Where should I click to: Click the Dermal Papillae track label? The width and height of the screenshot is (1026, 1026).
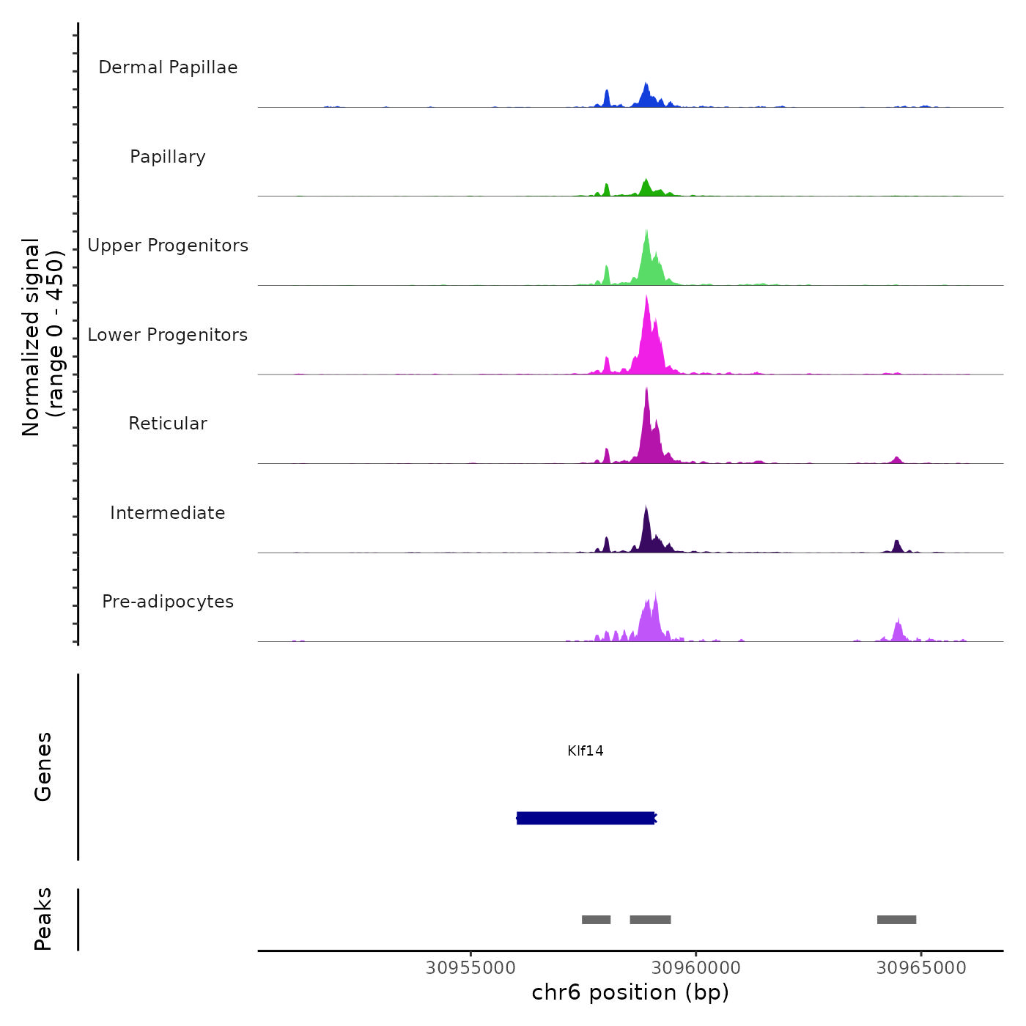(168, 67)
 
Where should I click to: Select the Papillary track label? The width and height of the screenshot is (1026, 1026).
(168, 157)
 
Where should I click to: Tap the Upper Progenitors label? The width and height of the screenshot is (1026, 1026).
(168, 246)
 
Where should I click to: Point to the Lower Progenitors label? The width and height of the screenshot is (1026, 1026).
(168, 335)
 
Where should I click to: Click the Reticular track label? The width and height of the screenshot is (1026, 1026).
(168, 424)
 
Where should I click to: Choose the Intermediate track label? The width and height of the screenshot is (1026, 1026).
(168, 513)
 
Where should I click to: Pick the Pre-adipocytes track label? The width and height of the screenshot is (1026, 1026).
(168, 602)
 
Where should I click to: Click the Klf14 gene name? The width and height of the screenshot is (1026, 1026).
(586, 751)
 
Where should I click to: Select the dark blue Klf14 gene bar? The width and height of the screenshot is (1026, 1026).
(586, 818)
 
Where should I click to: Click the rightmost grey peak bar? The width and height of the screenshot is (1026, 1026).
(896, 920)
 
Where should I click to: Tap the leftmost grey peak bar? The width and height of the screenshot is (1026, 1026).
(596, 920)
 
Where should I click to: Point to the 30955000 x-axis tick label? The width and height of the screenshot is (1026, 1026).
(470, 968)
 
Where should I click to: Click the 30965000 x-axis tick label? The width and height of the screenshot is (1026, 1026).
(921, 968)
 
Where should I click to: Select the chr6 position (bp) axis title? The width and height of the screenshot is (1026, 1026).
(630, 993)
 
